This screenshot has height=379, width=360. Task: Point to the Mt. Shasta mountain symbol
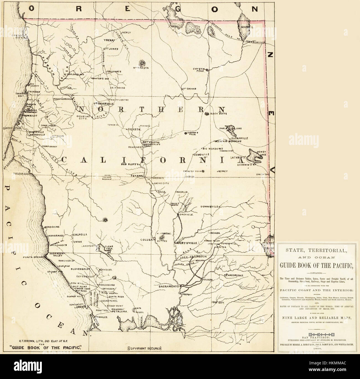[143, 62]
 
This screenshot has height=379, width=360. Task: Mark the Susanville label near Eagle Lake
[240, 138]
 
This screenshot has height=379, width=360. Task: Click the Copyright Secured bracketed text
[144, 348]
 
